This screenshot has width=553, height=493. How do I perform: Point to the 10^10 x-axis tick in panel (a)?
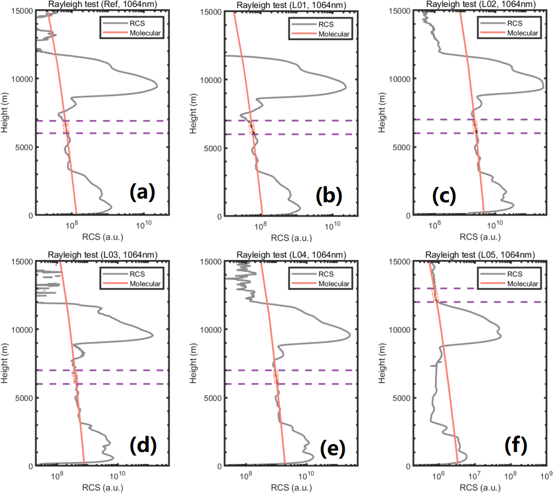(x=144, y=225)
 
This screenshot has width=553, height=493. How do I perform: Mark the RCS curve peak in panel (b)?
(x=346, y=87)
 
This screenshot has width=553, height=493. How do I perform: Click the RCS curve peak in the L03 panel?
(x=153, y=335)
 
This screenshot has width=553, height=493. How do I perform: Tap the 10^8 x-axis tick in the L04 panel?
(x=246, y=475)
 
